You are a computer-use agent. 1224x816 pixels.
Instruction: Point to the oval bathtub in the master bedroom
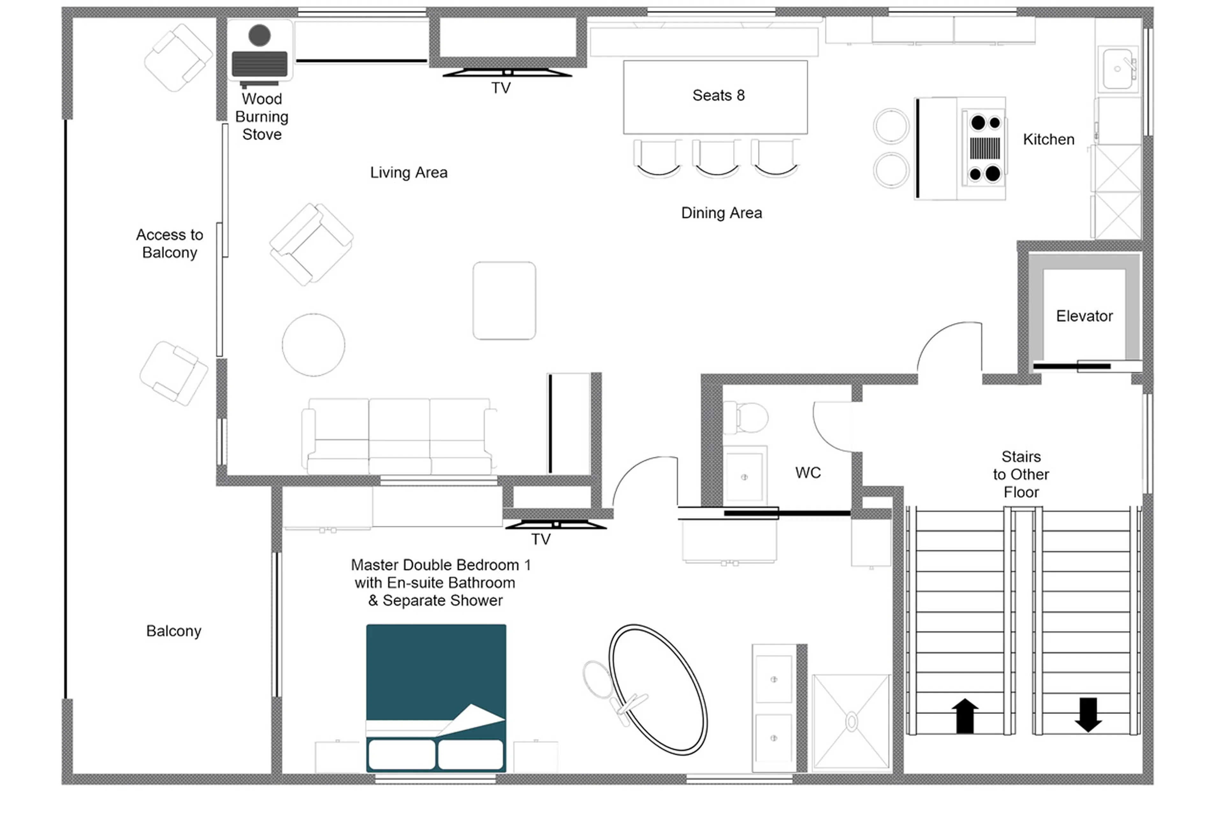click(658, 689)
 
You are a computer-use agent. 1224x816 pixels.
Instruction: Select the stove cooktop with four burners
click(984, 148)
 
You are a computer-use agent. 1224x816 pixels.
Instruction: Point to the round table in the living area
click(313, 344)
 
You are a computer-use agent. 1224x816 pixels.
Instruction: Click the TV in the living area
click(507, 73)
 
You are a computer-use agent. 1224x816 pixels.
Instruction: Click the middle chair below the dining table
click(716, 158)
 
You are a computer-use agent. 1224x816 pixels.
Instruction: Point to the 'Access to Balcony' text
click(170, 244)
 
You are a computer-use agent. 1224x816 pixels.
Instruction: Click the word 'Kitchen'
click(1048, 139)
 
